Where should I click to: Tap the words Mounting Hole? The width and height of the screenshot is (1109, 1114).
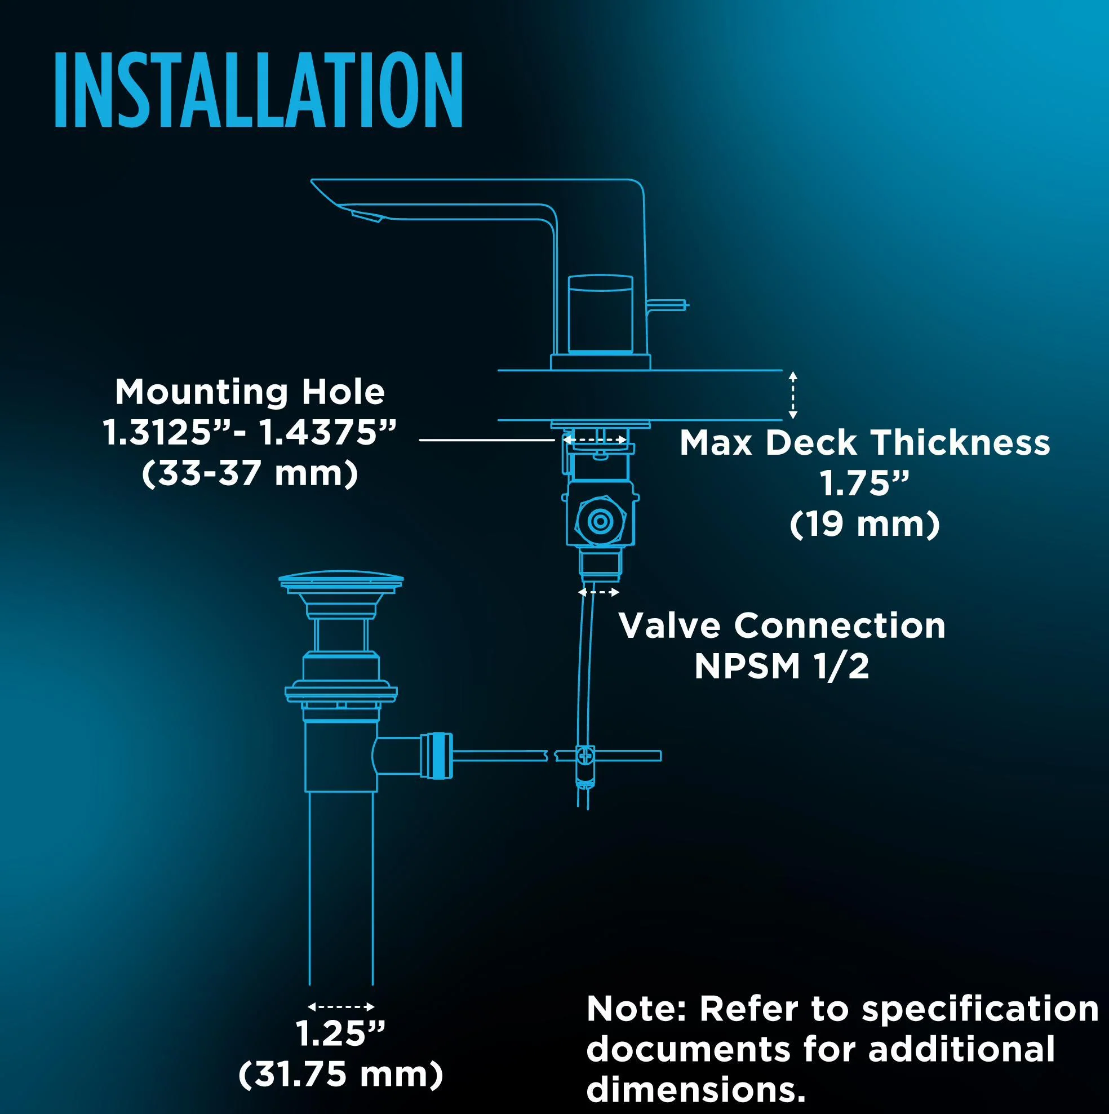(250, 392)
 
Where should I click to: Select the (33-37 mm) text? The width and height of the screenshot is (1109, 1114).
(250, 474)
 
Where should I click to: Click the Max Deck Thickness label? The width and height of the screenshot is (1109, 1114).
(864, 443)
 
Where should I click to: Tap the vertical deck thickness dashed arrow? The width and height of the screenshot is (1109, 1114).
(793, 395)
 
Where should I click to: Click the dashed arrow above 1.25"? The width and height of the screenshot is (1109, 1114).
(341, 1007)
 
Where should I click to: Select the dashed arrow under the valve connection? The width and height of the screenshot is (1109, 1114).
(598, 592)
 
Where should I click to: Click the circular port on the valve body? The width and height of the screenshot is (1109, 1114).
(600, 522)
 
